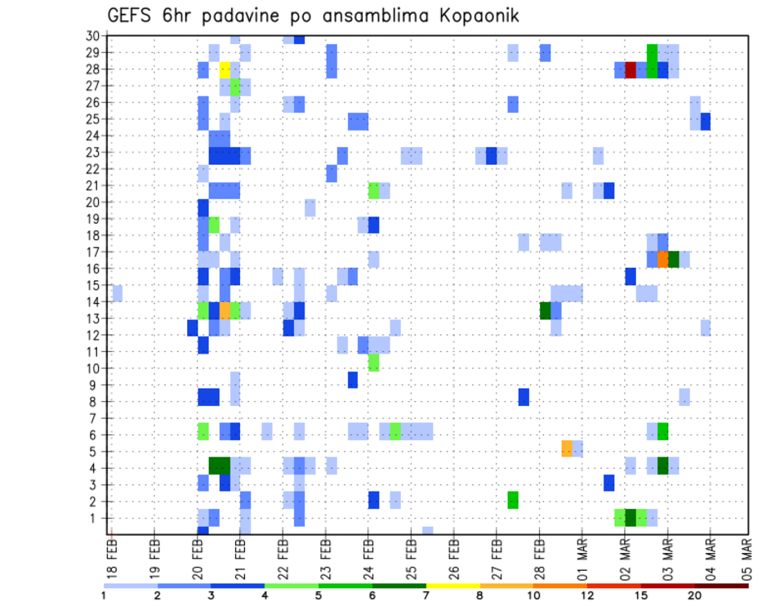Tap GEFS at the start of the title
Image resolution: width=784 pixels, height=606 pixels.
point(131,16)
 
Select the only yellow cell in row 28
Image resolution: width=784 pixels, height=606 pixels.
point(225,69)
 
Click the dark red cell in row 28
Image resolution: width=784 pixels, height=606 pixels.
point(630,69)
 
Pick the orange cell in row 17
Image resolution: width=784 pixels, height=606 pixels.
point(663,259)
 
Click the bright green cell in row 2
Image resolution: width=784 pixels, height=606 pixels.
point(513,499)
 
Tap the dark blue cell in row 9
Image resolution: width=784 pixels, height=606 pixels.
point(353,380)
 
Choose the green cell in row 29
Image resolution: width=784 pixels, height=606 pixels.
point(652,52)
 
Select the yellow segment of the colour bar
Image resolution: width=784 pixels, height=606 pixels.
point(453,585)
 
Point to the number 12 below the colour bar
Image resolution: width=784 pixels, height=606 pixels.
point(587,595)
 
